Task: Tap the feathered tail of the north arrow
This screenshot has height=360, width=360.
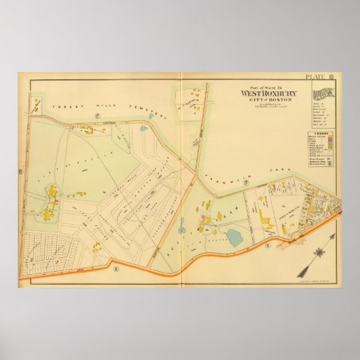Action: (x=302, y=268)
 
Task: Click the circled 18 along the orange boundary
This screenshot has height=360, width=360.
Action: (x=115, y=269)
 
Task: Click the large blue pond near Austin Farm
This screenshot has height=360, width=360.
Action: (x=236, y=237)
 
